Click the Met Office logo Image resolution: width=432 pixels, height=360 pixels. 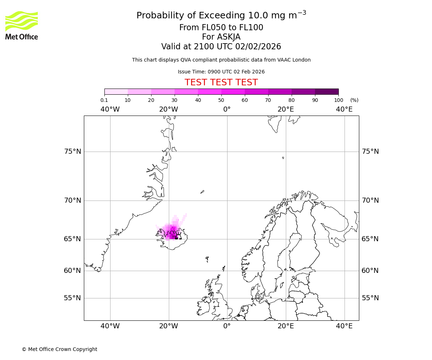click(x=22, y=25)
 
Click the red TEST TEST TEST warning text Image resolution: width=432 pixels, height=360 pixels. click(x=221, y=83)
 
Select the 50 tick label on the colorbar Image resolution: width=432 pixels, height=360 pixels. click(x=221, y=100)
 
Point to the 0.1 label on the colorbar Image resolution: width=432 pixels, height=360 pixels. click(x=104, y=100)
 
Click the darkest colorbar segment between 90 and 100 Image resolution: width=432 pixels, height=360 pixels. click(x=327, y=91)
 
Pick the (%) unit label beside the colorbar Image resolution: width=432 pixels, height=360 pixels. click(x=354, y=100)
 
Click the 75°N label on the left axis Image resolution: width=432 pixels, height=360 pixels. click(x=73, y=152)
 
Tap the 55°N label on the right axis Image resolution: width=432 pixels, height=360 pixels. click(x=370, y=298)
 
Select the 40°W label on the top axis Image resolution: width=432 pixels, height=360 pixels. click(x=110, y=109)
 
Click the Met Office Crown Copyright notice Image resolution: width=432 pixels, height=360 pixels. click(x=59, y=350)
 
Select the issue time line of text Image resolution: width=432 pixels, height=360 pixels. click(x=221, y=72)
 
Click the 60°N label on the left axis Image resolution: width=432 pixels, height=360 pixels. click(x=73, y=271)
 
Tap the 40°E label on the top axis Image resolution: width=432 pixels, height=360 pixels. click(x=344, y=109)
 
